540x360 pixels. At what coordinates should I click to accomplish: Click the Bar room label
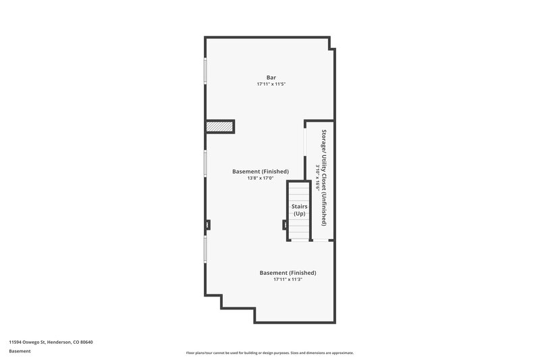(271, 78)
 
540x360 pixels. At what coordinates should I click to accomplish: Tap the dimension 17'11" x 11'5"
(271, 84)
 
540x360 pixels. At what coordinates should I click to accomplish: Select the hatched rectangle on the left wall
(220, 126)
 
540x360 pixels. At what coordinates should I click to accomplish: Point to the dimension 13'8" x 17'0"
(261, 178)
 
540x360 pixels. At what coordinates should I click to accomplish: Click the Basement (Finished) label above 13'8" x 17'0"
(261, 172)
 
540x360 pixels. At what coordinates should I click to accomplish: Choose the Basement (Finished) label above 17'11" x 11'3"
(288, 273)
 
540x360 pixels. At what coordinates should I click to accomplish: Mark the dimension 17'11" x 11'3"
(288, 280)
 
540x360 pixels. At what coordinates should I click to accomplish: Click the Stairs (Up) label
(299, 209)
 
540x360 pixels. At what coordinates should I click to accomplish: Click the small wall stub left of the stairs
(285, 225)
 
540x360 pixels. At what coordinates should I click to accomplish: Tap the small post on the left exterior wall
(208, 225)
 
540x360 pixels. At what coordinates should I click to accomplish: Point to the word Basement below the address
(20, 352)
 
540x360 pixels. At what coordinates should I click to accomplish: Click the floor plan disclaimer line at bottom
(270, 353)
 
